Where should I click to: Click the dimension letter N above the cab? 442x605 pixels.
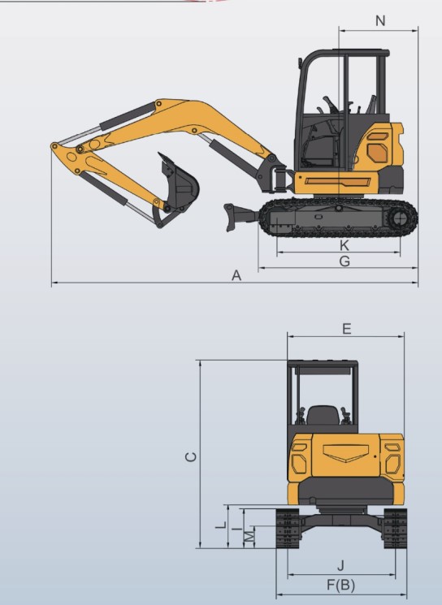coord(380,21)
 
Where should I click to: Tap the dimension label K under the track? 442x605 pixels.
coord(344,245)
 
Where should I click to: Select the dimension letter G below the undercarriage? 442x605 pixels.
coord(344,261)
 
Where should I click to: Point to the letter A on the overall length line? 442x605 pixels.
coord(236,275)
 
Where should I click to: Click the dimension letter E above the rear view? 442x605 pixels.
coord(347,329)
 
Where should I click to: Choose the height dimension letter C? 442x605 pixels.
coord(191,457)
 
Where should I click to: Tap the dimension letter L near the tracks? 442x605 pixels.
coord(221,525)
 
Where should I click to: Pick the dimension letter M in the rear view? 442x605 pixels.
coord(249,536)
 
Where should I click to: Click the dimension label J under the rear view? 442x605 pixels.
coord(340,566)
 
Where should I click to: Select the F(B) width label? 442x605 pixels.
coord(341,585)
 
